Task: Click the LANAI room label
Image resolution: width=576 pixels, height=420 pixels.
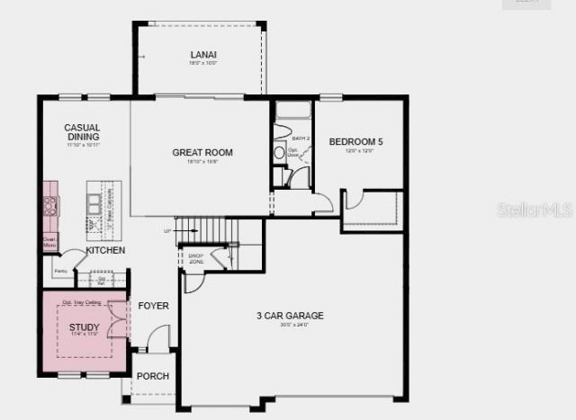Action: pos(202,55)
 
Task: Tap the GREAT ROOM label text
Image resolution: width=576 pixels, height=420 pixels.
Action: pos(202,153)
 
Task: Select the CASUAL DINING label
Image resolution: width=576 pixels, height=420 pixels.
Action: pos(82,132)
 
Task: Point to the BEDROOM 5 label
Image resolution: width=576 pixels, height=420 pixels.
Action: pos(355,142)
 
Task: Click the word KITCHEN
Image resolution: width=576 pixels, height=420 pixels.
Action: pos(105,250)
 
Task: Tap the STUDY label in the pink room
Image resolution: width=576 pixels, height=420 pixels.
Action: pos(85,327)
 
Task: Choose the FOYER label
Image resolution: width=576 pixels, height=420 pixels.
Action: pos(153,306)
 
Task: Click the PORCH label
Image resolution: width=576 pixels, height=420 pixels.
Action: pos(153,376)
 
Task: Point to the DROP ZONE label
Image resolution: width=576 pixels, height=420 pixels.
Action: pos(195,257)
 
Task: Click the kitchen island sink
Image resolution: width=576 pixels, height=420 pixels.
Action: pos(91,204)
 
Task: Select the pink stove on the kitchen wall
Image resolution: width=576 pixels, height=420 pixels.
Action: pos(50,206)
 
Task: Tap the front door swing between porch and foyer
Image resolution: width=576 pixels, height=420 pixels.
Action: pos(158,339)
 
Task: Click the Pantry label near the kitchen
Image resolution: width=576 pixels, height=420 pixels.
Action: pos(60,271)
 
